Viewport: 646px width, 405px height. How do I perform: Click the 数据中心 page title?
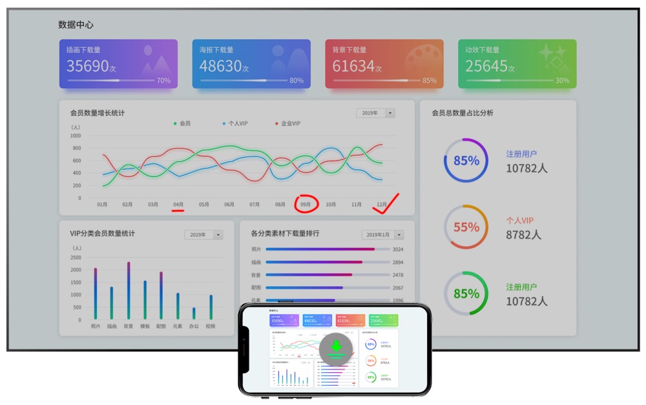[x=76, y=25]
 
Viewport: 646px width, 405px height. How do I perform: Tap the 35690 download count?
[x=88, y=66]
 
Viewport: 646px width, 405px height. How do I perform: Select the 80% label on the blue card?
[x=296, y=81]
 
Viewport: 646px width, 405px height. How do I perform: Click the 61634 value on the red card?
[x=353, y=66]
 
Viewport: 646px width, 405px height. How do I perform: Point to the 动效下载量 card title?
[x=482, y=50]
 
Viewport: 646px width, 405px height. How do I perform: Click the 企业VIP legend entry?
[x=287, y=123]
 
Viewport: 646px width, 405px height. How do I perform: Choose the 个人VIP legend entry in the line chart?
[x=235, y=123]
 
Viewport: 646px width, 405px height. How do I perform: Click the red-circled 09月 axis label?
[x=306, y=204]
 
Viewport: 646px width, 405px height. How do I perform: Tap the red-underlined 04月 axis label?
[x=178, y=204]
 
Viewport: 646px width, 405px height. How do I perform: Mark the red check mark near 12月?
[x=386, y=203]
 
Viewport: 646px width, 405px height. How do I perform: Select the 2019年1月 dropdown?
[x=382, y=234]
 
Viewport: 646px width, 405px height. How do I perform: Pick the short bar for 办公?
[x=193, y=313]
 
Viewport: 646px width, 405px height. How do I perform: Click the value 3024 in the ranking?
[x=398, y=249]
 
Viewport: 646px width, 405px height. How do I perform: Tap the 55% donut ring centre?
[x=465, y=227]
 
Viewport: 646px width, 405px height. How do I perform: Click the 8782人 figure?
[x=523, y=235]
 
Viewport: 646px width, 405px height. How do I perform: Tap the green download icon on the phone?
[x=336, y=349]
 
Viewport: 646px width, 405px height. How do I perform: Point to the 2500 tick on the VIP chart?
[x=76, y=257]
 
